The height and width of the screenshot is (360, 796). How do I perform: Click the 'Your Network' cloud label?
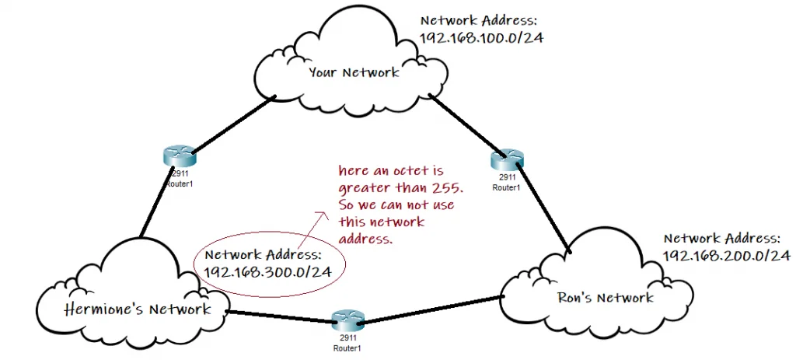[x=354, y=72]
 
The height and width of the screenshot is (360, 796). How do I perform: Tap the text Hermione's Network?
[x=138, y=309]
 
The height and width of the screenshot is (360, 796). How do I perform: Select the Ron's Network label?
[x=606, y=297]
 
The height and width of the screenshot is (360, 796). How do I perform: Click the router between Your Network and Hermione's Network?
[x=179, y=156]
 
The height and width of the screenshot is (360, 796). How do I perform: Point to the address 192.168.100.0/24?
[x=481, y=37]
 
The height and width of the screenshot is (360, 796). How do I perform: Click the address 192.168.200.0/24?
[x=726, y=254]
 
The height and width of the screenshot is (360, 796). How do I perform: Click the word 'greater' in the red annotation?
[x=361, y=187]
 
